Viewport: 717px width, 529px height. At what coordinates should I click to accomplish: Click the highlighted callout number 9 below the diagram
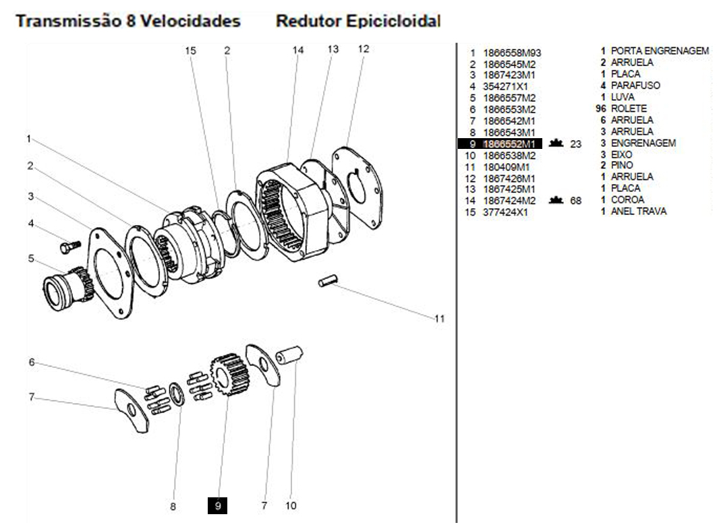pos(217,505)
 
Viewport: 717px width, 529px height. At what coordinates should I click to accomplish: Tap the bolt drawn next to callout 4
pos(69,247)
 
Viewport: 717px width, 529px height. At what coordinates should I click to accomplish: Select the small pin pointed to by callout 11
pos(327,281)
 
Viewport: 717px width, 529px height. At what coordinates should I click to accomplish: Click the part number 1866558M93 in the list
pos(512,53)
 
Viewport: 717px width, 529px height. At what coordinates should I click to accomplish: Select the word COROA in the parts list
pos(627,199)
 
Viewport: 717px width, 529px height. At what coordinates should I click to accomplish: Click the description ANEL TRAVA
pos(638,211)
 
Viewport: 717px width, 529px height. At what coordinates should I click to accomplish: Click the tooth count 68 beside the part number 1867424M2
pos(576,200)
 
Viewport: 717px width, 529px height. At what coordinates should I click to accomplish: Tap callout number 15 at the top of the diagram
pos(190,51)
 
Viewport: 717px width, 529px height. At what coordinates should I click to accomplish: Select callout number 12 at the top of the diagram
pos(364,49)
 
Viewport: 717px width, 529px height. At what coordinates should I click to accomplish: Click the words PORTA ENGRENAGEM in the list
pos(660,51)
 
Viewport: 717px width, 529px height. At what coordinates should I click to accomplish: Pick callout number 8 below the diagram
pos(173,507)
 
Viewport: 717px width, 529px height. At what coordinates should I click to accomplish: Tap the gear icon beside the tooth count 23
pos(556,143)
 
